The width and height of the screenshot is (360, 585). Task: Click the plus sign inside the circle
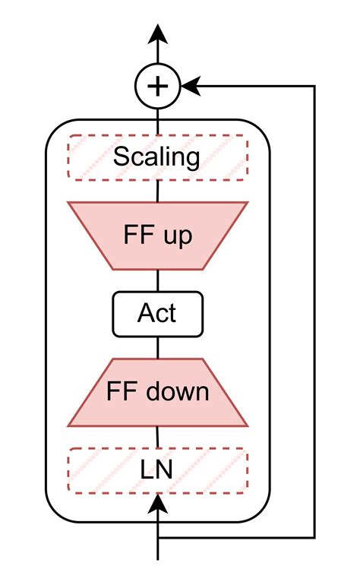tap(157, 86)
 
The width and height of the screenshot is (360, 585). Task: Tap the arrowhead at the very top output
tap(157, 34)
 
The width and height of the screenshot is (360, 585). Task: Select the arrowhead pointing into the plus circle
tap(191, 86)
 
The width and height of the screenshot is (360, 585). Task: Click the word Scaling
tap(157, 157)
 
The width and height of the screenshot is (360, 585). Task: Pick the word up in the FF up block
tap(179, 236)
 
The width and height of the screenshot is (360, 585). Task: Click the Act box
tap(157, 314)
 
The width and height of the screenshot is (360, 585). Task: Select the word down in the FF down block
tap(178, 392)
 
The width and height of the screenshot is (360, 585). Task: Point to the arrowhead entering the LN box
tap(157, 501)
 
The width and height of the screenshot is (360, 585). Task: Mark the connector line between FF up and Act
tap(157, 280)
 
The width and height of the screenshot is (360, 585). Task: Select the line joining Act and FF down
tap(157, 347)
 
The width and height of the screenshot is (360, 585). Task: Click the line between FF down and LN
tap(157, 437)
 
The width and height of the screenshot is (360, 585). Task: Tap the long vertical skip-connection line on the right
tap(314, 304)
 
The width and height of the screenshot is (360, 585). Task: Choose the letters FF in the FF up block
tap(137, 236)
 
